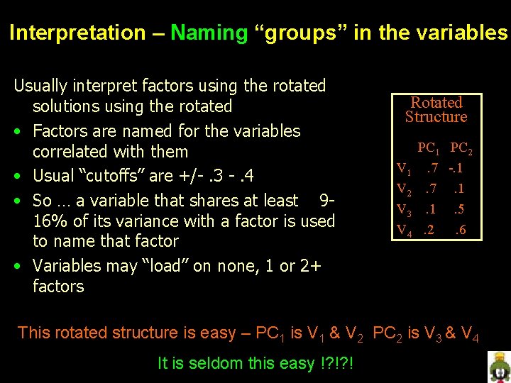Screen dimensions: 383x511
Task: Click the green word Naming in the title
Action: point(209,33)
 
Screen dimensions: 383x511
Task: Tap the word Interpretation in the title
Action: point(77,33)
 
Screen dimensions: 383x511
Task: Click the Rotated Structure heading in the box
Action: point(436,110)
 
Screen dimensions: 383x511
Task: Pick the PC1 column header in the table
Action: point(429,149)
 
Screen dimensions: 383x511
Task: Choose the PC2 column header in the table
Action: point(462,149)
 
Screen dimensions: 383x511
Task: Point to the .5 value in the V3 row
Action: point(460,210)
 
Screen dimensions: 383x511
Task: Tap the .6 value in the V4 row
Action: point(461,231)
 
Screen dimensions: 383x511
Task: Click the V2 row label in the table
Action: point(403,190)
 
